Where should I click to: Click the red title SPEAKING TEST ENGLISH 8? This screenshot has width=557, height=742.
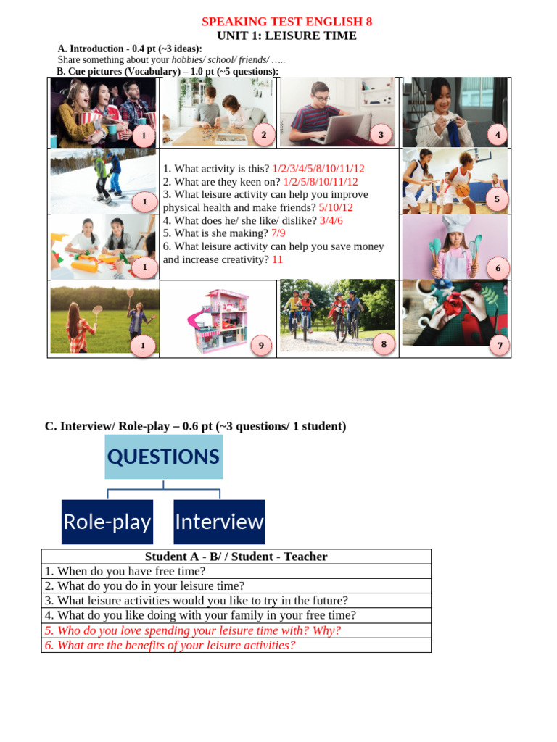pyautogui.click(x=286, y=22)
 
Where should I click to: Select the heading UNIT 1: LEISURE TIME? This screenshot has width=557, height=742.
pyautogui.click(x=286, y=36)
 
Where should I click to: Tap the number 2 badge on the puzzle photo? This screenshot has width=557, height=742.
pyautogui.click(x=263, y=135)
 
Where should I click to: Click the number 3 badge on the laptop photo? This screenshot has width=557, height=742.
pyautogui.click(x=380, y=135)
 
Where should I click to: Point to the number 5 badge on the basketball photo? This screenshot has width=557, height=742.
pyautogui.click(x=497, y=199)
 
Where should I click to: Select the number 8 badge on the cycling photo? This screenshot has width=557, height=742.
pyautogui.click(x=498, y=346)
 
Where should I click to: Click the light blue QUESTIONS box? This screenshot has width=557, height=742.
pyautogui.click(x=163, y=457)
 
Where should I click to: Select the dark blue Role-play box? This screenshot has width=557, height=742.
pyautogui.click(x=107, y=522)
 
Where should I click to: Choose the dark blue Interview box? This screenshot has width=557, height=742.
pyautogui.click(x=219, y=522)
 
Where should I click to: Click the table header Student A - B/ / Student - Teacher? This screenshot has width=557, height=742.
pyautogui.click(x=236, y=556)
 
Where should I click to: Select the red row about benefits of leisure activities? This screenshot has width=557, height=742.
pyautogui.click(x=170, y=645)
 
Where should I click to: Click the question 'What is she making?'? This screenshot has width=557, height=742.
pyautogui.click(x=215, y=233)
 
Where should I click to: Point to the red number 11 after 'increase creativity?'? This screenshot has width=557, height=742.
pyautogui.click(x=277, y=259)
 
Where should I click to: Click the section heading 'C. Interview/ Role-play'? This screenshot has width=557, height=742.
pyautogui.click(x=196, y=426)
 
